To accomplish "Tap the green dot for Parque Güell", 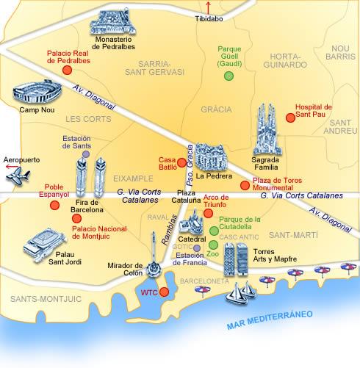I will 229,75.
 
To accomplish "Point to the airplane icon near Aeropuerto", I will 18,176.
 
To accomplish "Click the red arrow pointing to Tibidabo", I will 208,7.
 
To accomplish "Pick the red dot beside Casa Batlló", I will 181,162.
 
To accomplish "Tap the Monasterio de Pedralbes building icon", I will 113,24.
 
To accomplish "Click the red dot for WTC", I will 164,292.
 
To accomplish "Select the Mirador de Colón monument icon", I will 155,269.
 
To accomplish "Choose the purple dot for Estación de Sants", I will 87,154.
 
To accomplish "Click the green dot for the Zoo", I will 213,245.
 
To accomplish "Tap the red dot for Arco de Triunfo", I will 208,213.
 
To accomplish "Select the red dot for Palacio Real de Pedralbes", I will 67,70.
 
